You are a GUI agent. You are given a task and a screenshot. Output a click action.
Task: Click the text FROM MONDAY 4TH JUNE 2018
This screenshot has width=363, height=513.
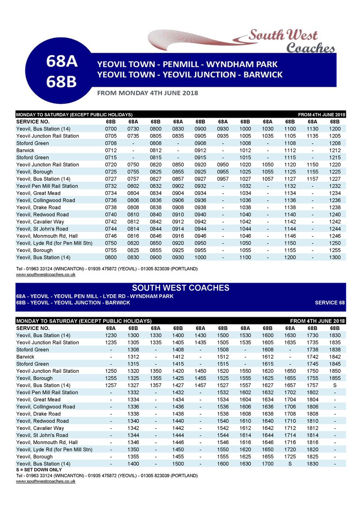pos(148,93)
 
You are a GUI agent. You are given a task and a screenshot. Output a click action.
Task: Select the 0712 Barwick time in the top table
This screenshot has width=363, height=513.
pos(110,150)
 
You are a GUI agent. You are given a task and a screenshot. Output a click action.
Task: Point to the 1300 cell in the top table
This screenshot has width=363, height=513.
pos(335,257)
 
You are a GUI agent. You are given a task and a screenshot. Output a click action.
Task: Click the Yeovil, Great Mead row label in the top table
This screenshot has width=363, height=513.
pos(38,193)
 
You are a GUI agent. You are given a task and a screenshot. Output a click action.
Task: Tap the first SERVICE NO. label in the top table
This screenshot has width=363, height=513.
pos(33,121)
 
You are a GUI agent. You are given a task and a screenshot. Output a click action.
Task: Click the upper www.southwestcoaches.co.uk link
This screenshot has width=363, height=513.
pos(46,274)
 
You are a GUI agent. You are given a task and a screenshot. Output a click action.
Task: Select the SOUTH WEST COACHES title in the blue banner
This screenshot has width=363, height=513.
pos(180,288)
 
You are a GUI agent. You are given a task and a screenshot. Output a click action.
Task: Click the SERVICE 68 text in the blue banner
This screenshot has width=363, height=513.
pos(330,303)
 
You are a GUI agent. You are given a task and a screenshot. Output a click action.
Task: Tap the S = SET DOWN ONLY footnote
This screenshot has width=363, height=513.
pos(38,469)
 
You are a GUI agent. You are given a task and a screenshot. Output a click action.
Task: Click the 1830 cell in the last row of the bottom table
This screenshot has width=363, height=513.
pos(313,463)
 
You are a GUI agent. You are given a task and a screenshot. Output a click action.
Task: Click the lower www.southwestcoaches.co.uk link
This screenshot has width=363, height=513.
pos(46,481)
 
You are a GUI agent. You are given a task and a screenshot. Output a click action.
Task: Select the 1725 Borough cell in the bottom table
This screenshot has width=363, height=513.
pos(290,457)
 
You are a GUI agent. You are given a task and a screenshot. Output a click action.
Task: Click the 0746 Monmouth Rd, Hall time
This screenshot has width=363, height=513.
pos(110,236)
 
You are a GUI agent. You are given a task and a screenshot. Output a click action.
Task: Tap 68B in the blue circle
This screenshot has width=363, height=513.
pos(62,82)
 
